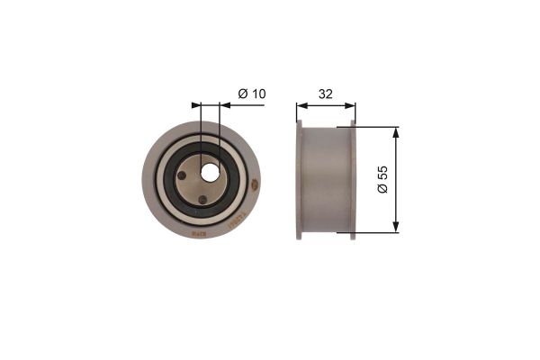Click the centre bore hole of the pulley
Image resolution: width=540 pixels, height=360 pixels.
pos(211,171)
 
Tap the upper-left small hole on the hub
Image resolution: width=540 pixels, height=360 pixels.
pos(183,176)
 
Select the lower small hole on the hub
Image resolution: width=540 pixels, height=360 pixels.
pos(202,200)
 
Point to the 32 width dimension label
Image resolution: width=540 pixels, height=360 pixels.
pos(326,93)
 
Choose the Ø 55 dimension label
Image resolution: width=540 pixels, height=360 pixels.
pos(382,179)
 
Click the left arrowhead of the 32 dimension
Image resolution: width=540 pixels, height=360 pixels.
pos(301,105)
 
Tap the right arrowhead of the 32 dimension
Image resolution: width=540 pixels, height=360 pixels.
pos(351,105)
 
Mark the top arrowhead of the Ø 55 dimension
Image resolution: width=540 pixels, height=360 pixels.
pos(396,131)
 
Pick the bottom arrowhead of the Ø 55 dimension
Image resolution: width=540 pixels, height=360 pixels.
pos(396,228)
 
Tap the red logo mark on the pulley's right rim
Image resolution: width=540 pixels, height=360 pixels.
pos(254,186)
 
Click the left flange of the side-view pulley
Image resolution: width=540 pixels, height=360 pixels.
pos(299,180)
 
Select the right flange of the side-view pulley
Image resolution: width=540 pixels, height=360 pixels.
pos(353,180)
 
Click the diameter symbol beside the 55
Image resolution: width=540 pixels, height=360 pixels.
pos(382,191)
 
